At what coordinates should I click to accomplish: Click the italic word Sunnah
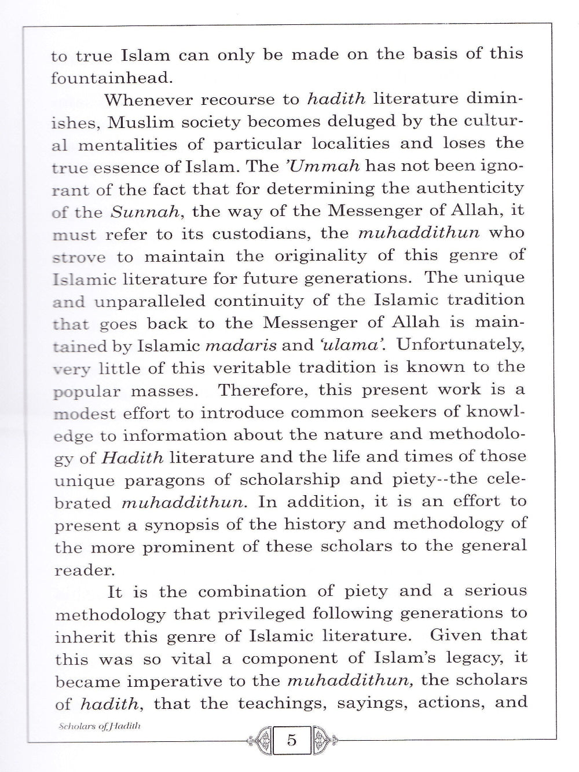click(x=146, y=211)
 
